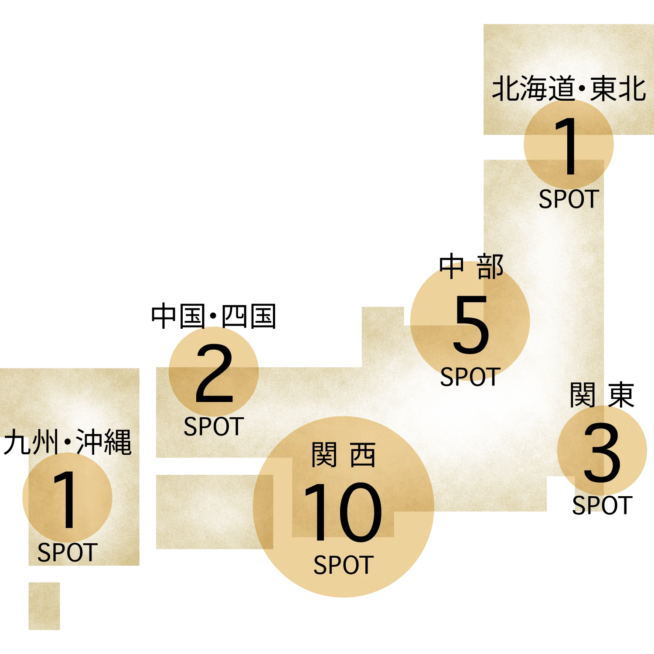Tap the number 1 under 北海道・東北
(x=568, y=146)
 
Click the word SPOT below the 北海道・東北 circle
(x=569, y=199)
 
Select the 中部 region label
(x=471, y=267)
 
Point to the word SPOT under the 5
(x=470, y=377)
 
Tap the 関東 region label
(x=602, y=395)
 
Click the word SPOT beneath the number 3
(x=602, y=506)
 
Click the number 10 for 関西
(x=343, y=512)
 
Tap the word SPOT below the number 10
(x=344, y=565)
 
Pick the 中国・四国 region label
(x=214, y=316)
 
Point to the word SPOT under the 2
(x=214, y=426)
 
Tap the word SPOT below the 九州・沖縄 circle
(x=68, y=552)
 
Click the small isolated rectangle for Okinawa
(x=44, y=606)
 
